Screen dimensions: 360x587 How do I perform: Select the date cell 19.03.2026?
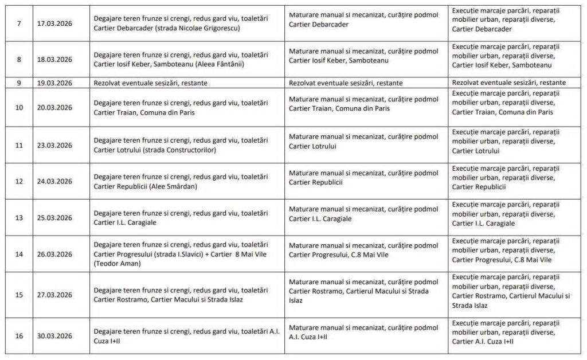(54, 83)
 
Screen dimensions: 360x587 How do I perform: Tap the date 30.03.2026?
(54, 336)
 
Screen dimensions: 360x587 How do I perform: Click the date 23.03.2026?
(54, 146)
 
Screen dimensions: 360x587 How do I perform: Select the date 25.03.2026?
(54, 218)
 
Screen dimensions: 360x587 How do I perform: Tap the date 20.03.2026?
(54, 107)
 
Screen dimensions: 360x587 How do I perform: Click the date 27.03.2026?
(54, 295)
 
